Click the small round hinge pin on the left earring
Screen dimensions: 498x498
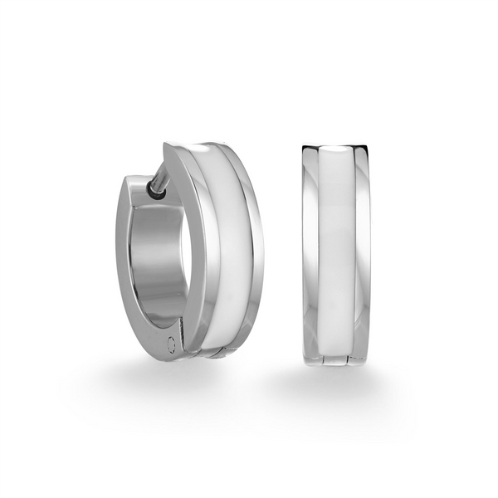pyautogui.click(x=172, y=344)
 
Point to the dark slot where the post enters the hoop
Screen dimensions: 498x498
pyautogui.click(x=155, y=192)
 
